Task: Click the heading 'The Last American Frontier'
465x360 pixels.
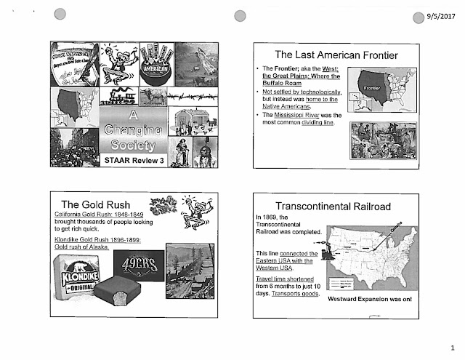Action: tap(339, 55)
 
